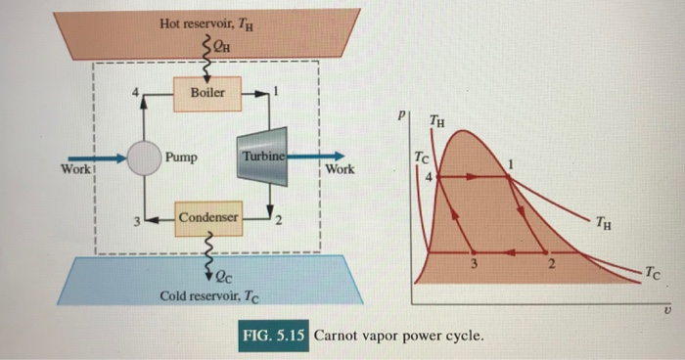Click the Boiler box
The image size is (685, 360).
click(206, 94)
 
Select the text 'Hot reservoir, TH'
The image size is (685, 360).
click(205, 22)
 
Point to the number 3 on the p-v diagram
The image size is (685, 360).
click(473, 264)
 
